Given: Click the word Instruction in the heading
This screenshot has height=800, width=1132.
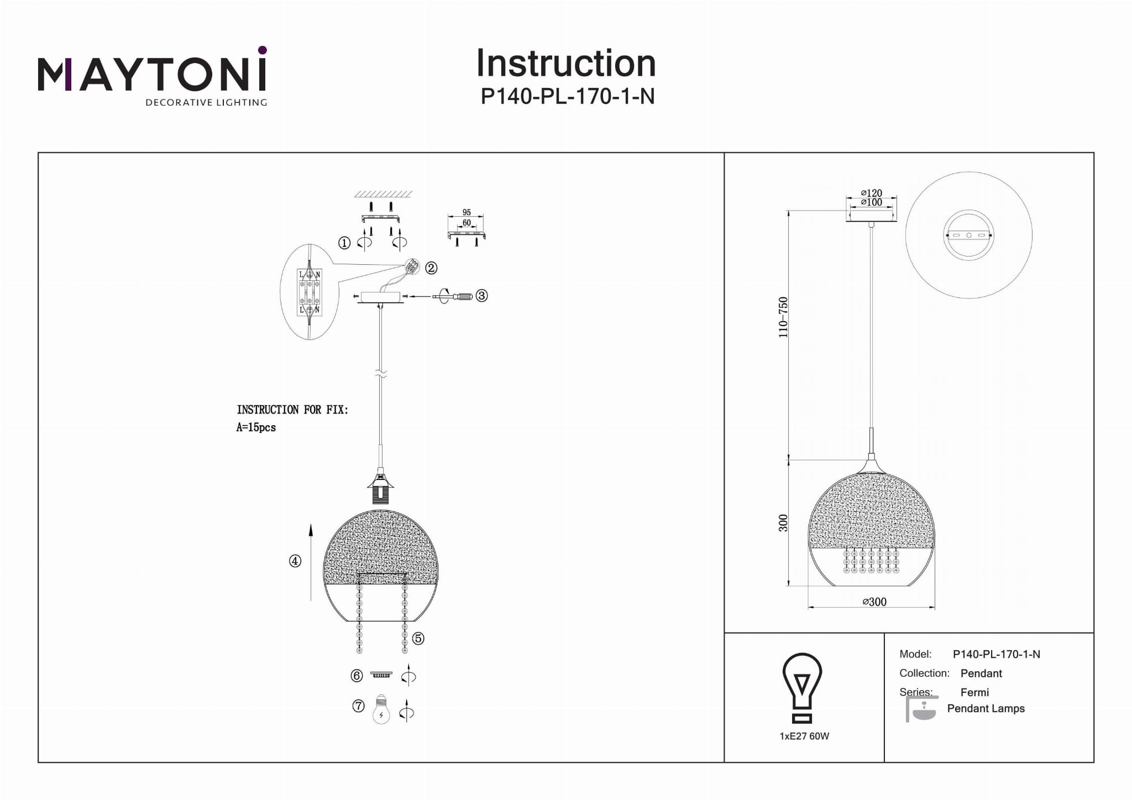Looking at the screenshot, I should click(565, 63).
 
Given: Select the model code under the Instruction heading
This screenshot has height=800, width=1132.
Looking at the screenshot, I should click(567, 97).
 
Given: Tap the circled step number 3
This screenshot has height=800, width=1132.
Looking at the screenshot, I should click(481, 296).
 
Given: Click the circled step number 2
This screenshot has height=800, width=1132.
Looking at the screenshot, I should click(431, 268).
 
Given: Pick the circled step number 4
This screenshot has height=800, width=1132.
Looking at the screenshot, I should click(295, 561).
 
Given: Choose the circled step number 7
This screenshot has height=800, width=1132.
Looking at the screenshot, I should click(359, 706).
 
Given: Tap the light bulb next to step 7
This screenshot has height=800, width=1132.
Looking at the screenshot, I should click(381, 709).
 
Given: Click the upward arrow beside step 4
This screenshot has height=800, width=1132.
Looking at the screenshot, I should click(311, 561).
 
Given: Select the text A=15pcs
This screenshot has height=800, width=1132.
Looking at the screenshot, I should click(256, 427).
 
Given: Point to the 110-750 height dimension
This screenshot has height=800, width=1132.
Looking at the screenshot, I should click(783, 317).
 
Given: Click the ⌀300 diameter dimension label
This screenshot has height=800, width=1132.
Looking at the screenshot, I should click(874, 602).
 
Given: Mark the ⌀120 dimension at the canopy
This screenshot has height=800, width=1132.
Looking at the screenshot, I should click(872, 193).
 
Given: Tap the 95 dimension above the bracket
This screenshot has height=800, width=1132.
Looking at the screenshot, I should click(467, 212).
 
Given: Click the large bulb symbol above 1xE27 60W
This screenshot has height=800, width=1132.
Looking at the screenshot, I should click(803, 687).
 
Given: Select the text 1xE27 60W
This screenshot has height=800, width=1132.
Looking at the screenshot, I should click(804, 736).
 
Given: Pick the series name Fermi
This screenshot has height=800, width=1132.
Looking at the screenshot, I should click(974, 692).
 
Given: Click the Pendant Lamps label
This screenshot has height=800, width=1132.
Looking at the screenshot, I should click(986, 709).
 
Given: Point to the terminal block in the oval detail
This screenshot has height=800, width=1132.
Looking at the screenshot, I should click(310, 292).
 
